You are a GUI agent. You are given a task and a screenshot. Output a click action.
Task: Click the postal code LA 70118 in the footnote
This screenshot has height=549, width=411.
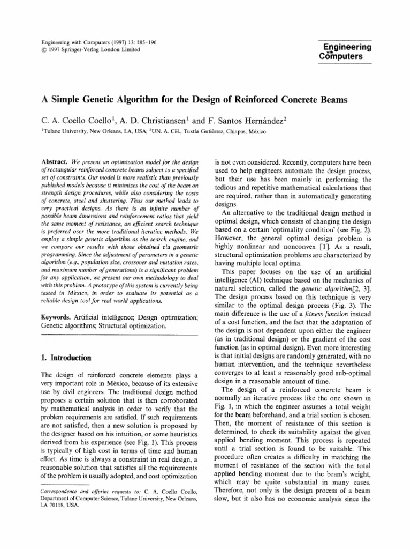(x=53, y=505)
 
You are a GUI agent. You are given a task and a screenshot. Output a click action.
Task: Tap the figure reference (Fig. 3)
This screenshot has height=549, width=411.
(x=336, y=296)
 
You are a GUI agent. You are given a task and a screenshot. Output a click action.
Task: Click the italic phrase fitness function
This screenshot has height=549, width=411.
(x=337, y=306)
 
